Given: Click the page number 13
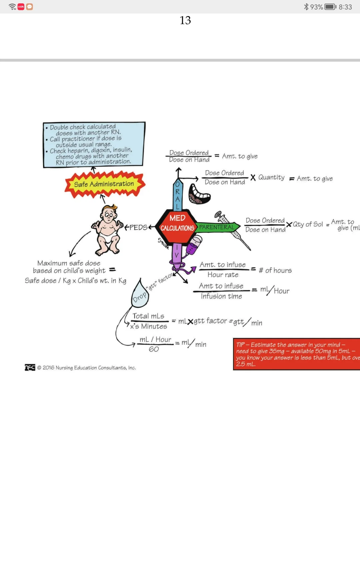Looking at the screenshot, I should click(x=185, y=20).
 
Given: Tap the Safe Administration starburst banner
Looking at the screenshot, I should click(x=104, y=184).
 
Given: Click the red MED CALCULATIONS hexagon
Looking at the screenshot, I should click(x=177, y=223).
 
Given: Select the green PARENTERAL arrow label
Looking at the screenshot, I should click(x=217, y=227).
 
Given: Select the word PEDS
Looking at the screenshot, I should click(x=138, y=227).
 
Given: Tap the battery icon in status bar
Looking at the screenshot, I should click(x=330, y=7).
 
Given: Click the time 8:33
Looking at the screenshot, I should click(x=345, y=7).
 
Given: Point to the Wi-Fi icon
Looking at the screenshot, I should click(x=12, y=7).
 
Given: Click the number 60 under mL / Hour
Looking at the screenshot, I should click(x=154, y=349).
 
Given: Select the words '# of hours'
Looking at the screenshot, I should click(x=275, y=270).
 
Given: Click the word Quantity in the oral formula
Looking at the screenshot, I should click(x=271, y=177).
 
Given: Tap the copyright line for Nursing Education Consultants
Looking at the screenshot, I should click(x=86, y=368).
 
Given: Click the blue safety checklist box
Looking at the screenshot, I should click(x=94, y=144).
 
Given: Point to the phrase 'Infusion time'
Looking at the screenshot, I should click(x=221, y=296).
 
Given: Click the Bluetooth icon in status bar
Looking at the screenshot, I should click(x=306, y=7).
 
